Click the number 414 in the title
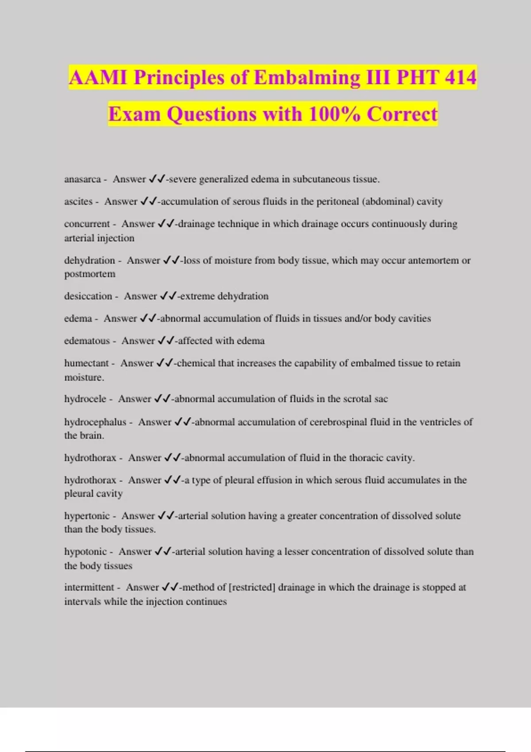point(461,77)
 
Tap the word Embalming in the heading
point(307,77)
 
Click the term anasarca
point(82,179)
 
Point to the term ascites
point(78,202)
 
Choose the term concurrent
point(87,224)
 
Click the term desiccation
point(88,296)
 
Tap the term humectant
point(86,363)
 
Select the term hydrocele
point(85,399)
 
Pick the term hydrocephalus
point(95,422)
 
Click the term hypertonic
point(87,516)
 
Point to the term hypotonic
point(85,552)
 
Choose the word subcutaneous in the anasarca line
point(320,179)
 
